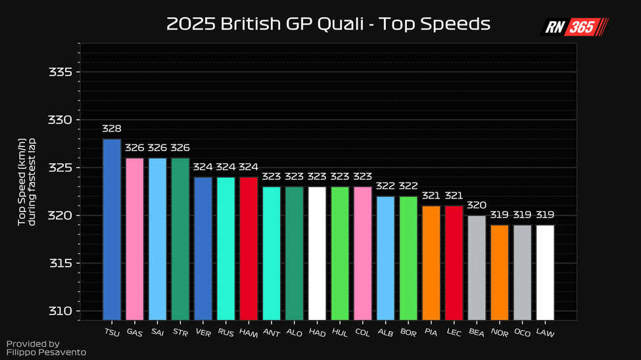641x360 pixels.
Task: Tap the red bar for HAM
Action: (x=249, y=248)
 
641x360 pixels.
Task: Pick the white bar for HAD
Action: (x=317, y=253)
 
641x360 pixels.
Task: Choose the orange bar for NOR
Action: (x=500, y=272)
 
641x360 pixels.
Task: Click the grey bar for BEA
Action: (x=477, y=267)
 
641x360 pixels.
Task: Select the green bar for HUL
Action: (x=340, y=253)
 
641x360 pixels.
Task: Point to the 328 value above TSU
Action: (x=112, y=129)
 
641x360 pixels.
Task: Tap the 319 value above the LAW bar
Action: (x=545, y=215)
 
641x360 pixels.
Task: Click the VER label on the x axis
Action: (x=202, y=332)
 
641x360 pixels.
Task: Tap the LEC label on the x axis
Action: (x=454, y=332)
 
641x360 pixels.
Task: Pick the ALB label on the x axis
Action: (x=385, y=332)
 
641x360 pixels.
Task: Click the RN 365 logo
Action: (x=575, y=27)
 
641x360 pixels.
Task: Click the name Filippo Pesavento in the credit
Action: (x=46, y=353)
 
